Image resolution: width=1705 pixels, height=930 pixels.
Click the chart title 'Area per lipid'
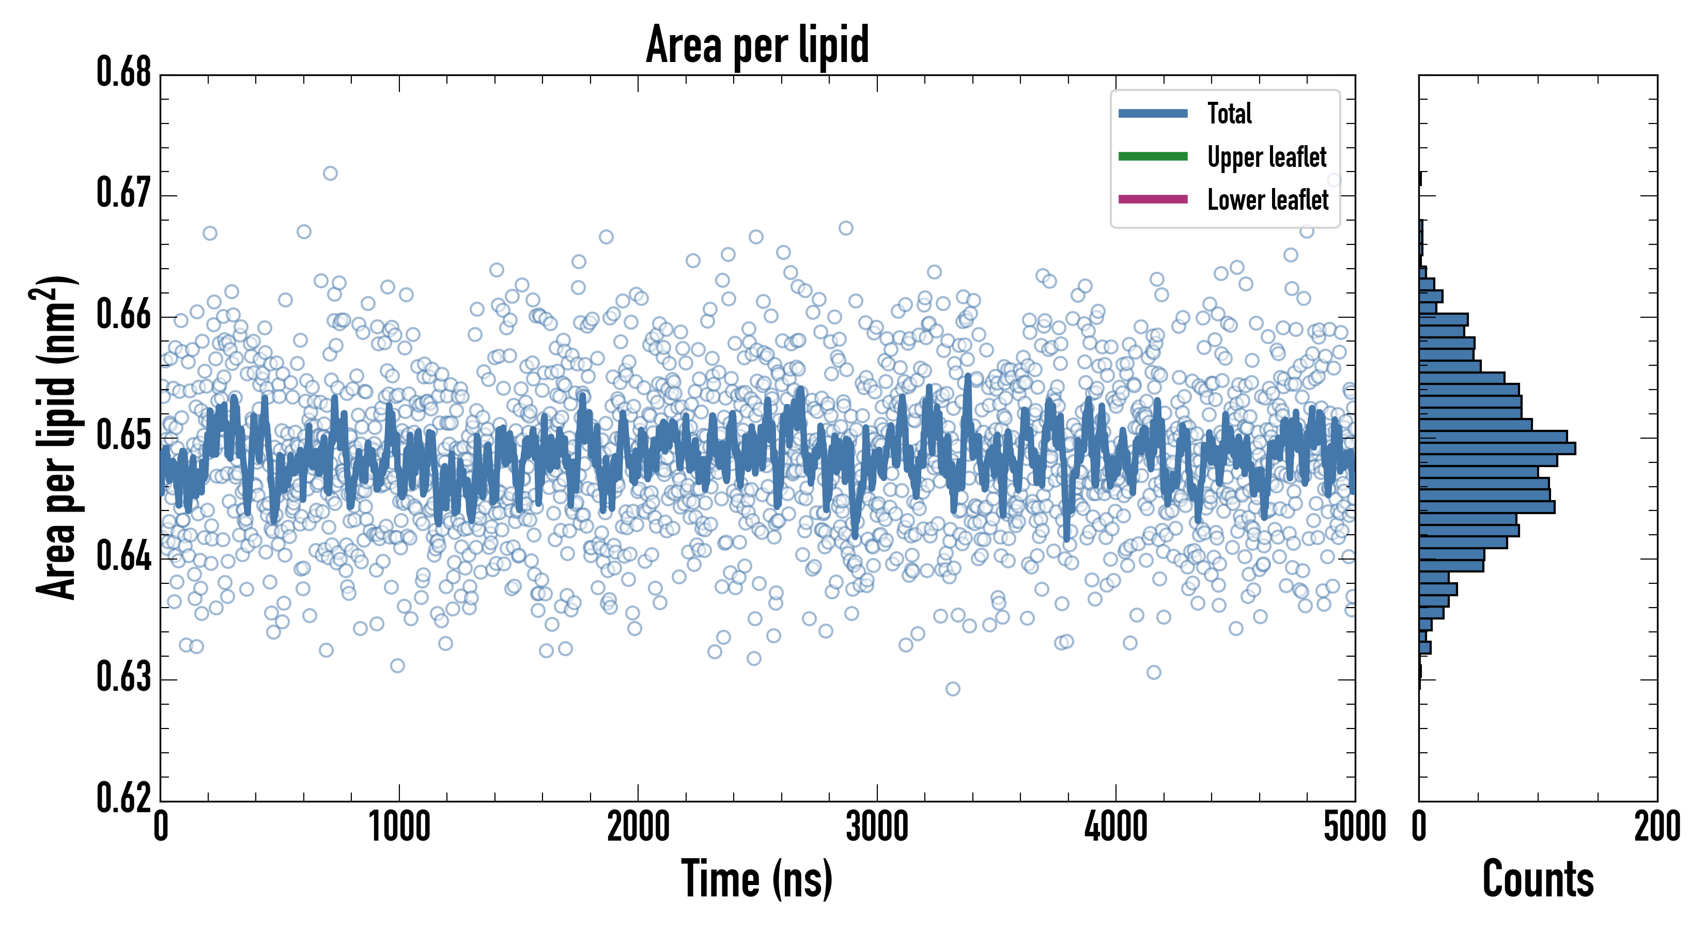(757, 45)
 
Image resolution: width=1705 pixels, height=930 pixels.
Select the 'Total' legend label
(1229, 114)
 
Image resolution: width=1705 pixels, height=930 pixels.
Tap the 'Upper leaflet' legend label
(1266, 157)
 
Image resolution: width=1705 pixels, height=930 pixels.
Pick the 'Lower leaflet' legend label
(1267, 200)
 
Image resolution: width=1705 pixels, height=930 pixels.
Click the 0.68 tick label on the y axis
(124, 72)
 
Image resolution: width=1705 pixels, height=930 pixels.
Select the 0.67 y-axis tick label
(124, 193)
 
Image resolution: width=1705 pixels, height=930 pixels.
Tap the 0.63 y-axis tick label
(124, 677)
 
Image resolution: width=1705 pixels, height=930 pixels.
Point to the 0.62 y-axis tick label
(124, 798)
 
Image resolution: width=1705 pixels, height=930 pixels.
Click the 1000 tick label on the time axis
(399, 827)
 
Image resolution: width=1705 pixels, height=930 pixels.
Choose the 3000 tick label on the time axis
(877, 827)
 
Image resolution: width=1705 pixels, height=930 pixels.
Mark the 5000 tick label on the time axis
(1354, 827)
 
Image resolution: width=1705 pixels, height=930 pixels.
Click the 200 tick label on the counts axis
(1656, 827)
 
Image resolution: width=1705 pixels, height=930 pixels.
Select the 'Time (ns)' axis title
(756, 879)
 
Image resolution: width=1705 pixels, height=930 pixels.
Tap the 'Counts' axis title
(1538, 879)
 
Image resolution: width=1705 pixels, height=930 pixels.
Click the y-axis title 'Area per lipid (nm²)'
(56, 437)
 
